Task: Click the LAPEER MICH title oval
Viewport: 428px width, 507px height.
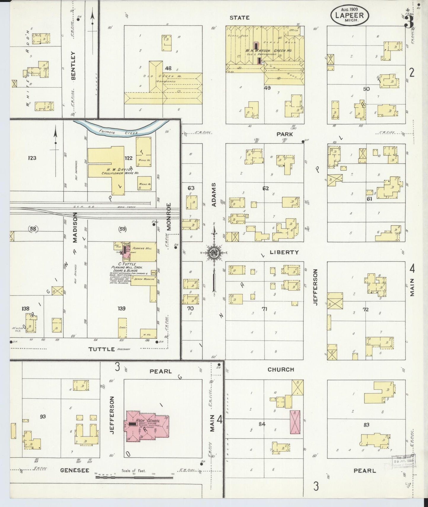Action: [350, 15]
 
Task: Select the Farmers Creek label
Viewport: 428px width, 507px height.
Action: [119, 133]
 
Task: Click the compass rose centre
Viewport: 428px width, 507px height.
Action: [214, 253]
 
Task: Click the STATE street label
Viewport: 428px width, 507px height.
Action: [240, 18]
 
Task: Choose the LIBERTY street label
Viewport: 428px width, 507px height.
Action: [284, 252]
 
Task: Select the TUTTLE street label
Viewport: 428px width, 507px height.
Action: [102, 349]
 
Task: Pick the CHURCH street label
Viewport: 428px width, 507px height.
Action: [280, 369]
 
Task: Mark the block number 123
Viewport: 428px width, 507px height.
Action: [32, 158]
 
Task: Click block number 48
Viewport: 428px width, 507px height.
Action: [168, 68]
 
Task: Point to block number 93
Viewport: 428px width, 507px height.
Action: [43, 417]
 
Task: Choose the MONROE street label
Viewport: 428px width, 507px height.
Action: [169, 216]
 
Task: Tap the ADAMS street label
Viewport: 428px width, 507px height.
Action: [214, 194]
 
